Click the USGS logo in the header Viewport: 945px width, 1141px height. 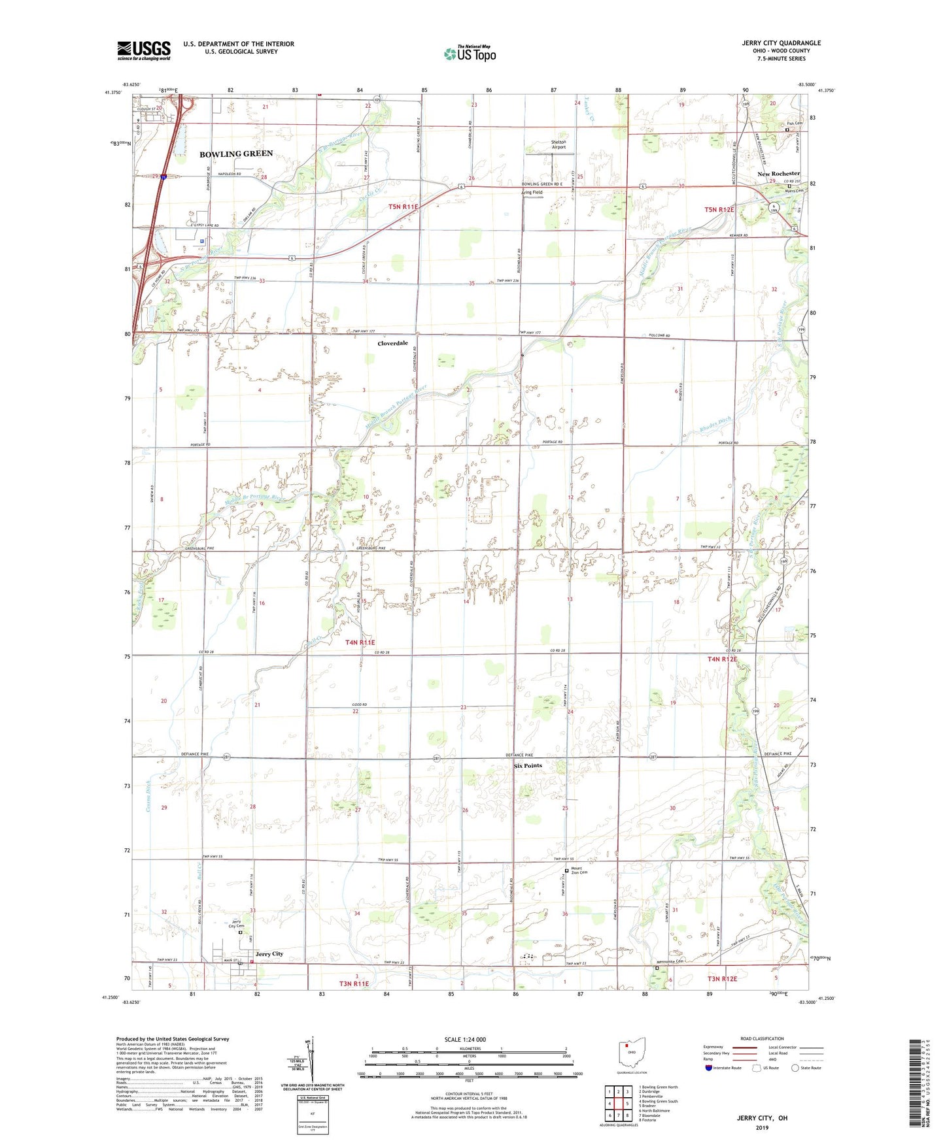click(143, 50)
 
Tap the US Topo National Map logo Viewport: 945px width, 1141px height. click(470, 53)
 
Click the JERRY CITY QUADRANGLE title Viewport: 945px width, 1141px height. click(781, 43)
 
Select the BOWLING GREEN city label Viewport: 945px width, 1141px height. click(236, 154)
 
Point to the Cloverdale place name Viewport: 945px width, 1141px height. click(392, 343)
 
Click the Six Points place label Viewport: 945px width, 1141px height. click(528, 765)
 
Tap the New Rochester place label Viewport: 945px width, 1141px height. click(778, 174)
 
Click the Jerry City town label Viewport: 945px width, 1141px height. click(269, 954)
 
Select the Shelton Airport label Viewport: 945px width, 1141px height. click(558, 144)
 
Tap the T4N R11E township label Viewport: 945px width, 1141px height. click(360, 642)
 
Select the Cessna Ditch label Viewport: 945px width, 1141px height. click(148, 797)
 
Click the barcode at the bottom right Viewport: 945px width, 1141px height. click(918, 1085)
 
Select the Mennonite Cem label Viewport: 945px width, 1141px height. click(670, 961)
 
